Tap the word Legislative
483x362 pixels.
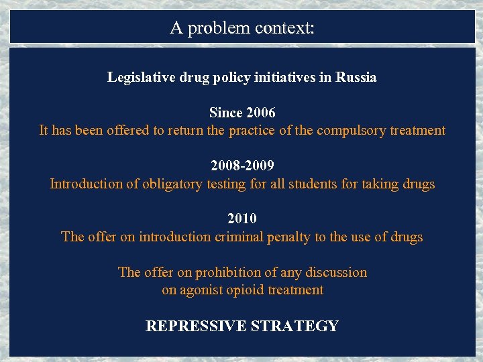point(137,77)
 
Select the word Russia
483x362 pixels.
point(356,77)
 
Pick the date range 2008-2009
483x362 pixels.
point(242,166)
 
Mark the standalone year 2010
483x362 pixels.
point(242,219)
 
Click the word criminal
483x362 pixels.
point(238,237)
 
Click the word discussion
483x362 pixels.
point(336,272)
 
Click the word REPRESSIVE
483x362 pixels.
point(195,326)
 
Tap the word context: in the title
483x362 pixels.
point(285,28)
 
